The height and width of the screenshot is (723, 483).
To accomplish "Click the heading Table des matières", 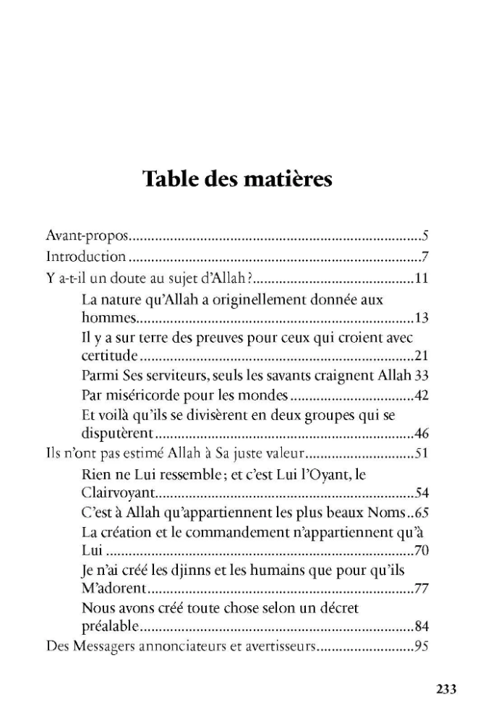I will tap(238, 178).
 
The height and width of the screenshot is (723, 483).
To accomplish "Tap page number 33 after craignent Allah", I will tap(423, 376).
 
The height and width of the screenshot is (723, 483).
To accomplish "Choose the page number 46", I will tap(423, 435).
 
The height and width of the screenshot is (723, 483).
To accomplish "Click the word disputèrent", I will tap(118, 435).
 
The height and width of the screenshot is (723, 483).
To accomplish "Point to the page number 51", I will tap(423, 455).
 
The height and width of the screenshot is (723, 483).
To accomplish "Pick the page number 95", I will tap(423, 646).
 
